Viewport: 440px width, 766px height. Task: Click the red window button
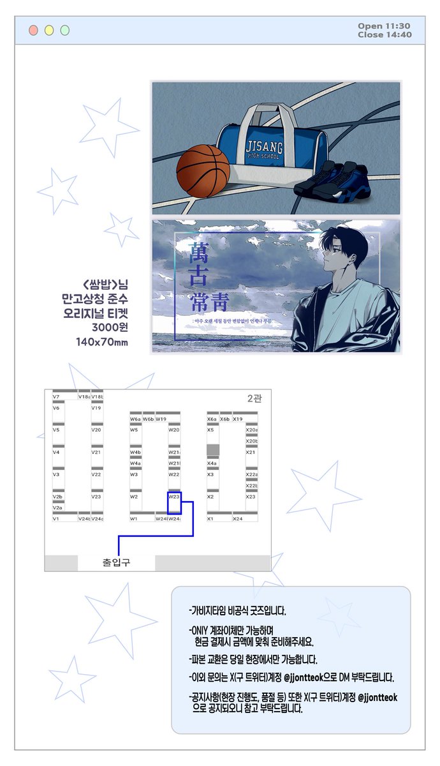pos(33,30)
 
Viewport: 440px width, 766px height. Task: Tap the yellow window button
pos(49,30)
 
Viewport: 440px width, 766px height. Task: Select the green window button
pos(64,30)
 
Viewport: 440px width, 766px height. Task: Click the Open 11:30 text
pos(384,26)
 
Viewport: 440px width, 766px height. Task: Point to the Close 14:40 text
pos(384,34)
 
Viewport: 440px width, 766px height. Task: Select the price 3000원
pos(110,328)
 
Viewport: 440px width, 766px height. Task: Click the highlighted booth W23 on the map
pos(174,502)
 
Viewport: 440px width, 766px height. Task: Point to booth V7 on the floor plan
pos(57,396)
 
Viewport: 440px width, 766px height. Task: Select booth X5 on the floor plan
pos(211,430)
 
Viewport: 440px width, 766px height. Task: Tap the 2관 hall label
pos(254,399)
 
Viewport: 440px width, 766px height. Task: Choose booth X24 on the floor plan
pos(237,519)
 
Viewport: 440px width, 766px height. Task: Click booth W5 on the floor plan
pos(134,430)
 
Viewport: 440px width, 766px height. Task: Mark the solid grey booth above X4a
pos(213,450)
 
